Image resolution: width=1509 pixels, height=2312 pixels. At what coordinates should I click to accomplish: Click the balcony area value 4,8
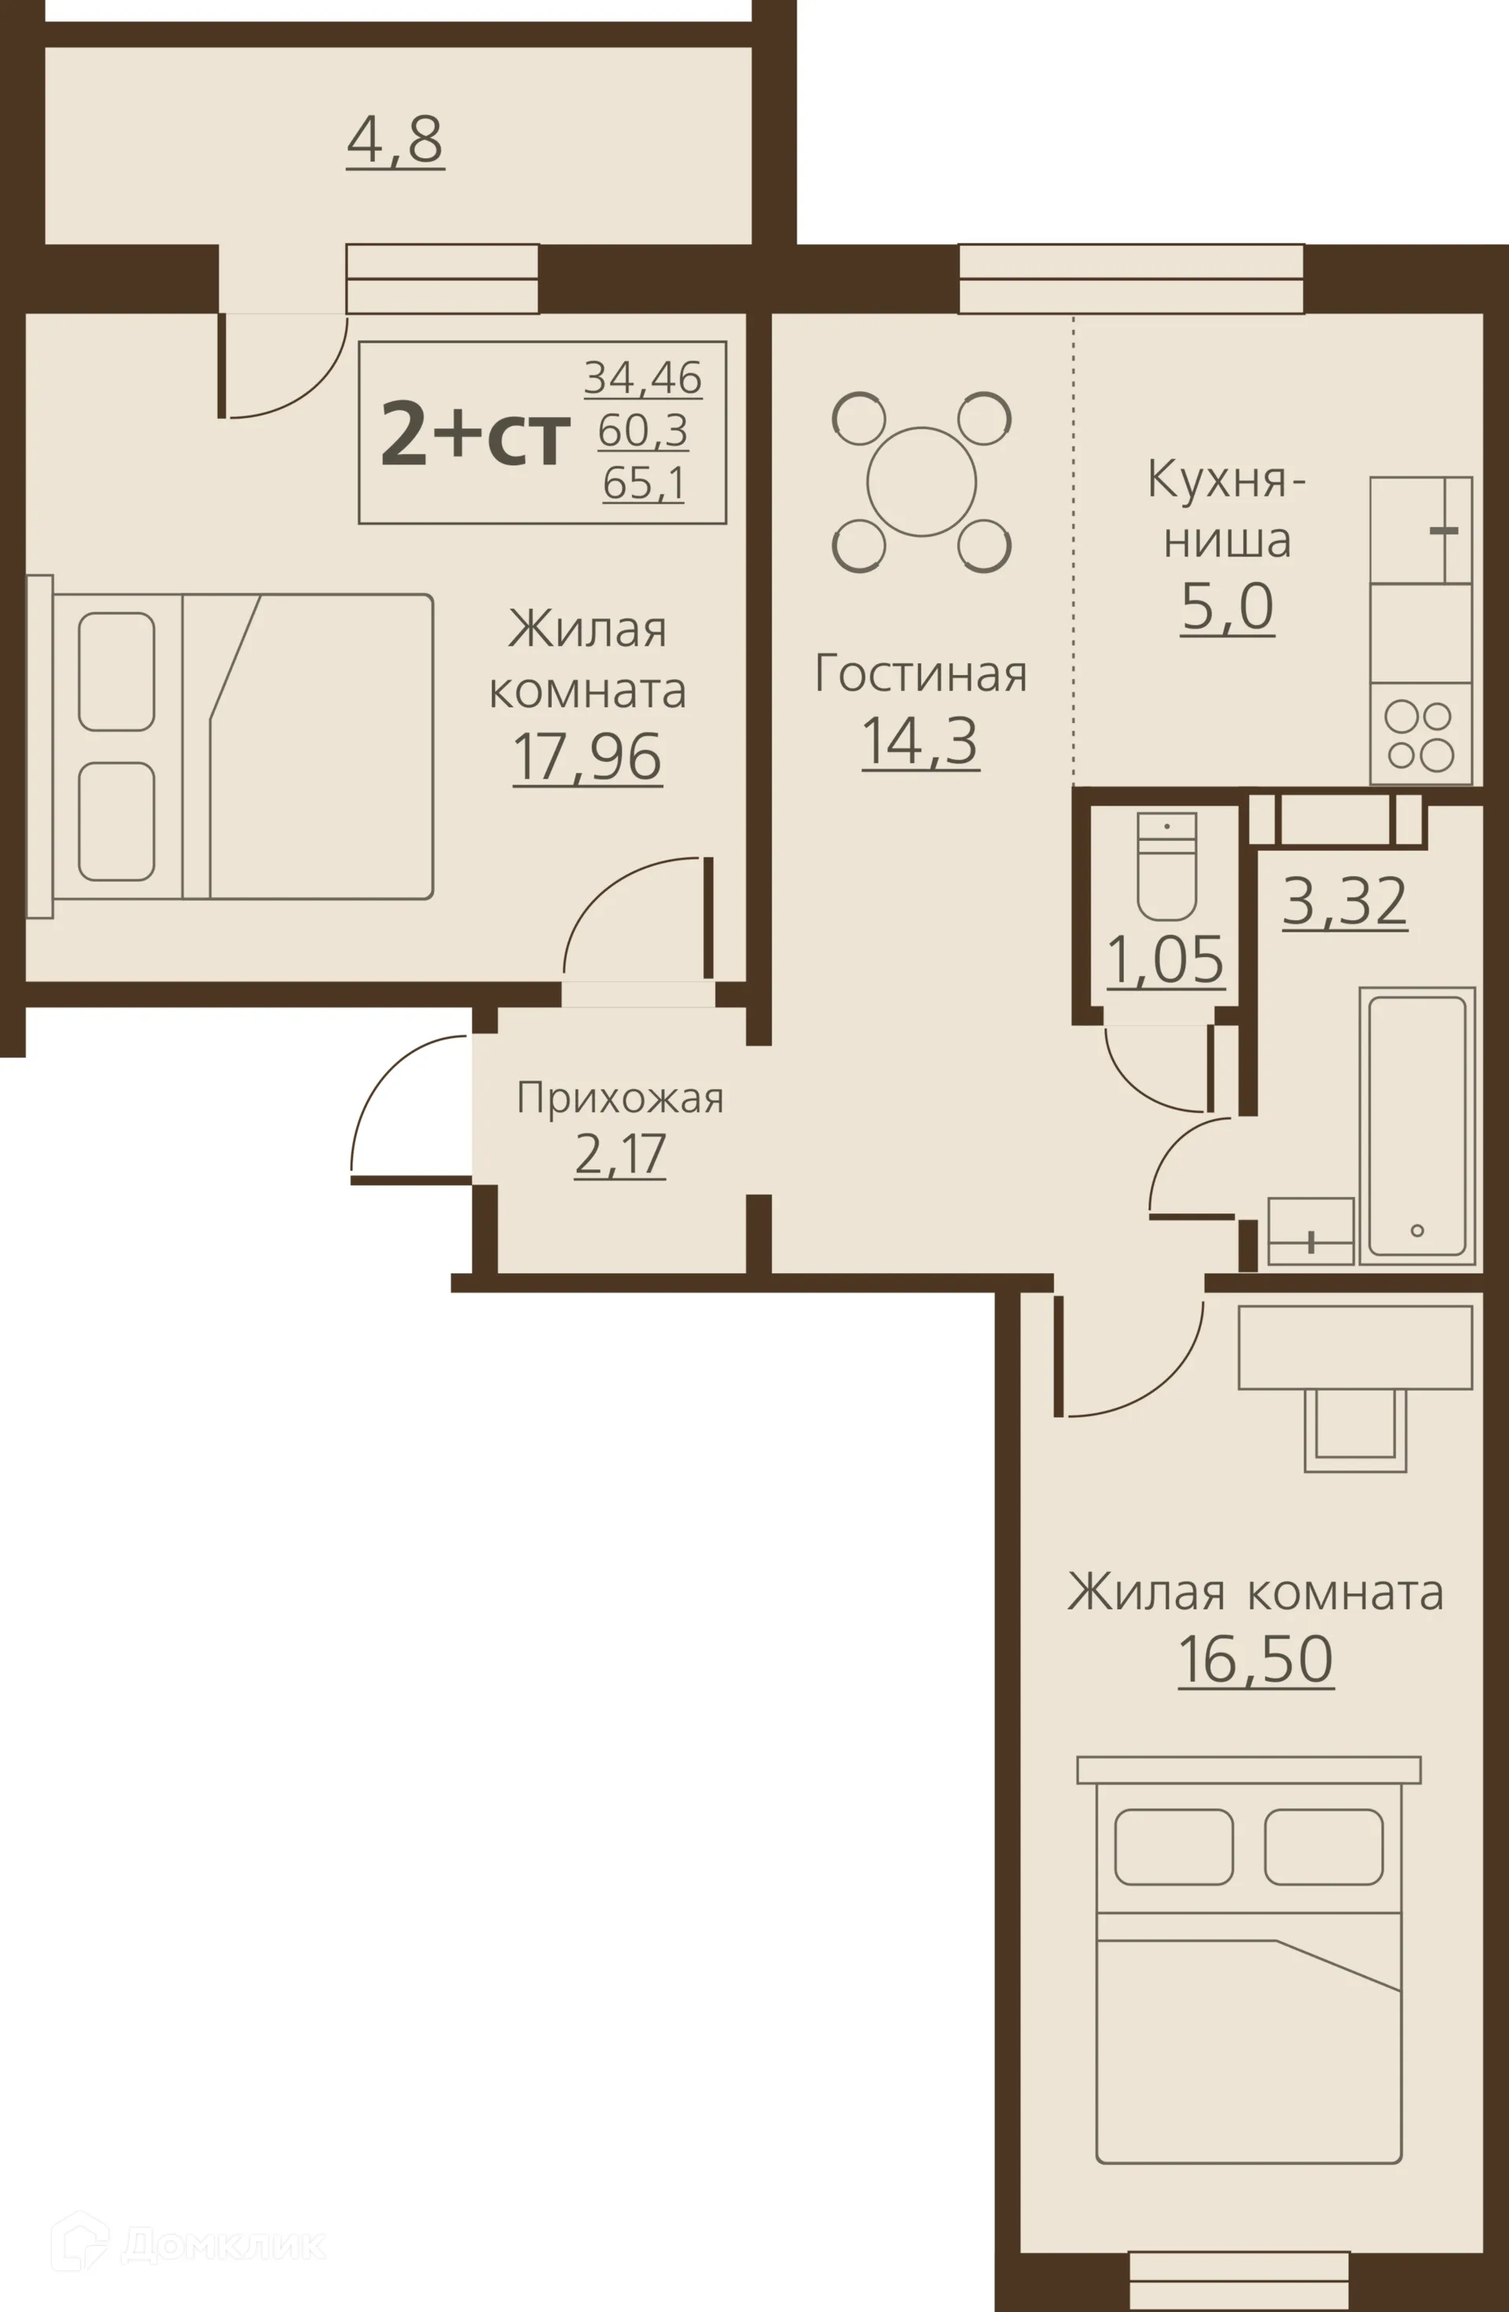coord(395,141)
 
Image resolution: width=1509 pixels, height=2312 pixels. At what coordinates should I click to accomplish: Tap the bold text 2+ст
coord(475,435)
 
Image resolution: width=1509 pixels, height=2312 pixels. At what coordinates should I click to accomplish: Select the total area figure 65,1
coord(643,482)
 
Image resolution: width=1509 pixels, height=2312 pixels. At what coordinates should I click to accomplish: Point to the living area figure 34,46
coord(643,377)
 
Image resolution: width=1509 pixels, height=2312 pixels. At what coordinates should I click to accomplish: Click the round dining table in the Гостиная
coord(921,482)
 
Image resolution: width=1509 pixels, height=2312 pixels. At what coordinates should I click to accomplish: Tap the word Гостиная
coord(921,673)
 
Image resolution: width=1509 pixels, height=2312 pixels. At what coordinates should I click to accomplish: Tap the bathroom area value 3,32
coord(1345,901)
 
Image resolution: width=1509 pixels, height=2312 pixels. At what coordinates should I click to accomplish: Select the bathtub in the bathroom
coord(1417,1126)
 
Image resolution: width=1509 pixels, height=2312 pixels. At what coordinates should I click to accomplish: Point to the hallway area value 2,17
coord(620,1154)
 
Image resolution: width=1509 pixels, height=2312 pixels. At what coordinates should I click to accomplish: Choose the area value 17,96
coord(587,758)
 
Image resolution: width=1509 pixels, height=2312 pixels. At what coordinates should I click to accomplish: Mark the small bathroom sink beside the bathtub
coord(1311,1231)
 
